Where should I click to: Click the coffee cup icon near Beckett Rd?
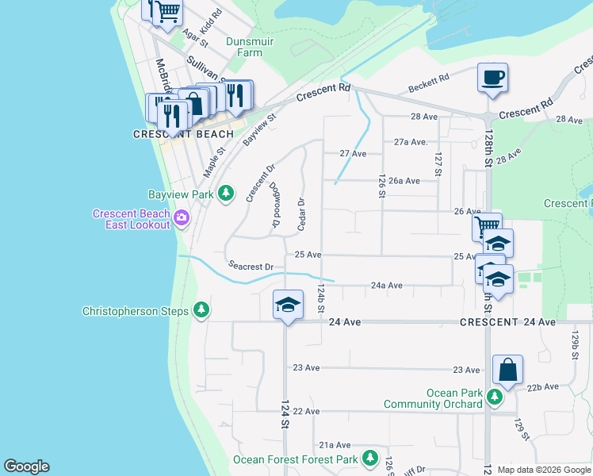tap(492, 79)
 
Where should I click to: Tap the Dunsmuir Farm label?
tap(243, 47)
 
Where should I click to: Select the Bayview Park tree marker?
tap(226, 193)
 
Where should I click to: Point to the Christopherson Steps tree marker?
tap(201, 310)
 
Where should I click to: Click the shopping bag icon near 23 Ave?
tap(507, 370)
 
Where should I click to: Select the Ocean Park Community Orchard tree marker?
tap(495, 396)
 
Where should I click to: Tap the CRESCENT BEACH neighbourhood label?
tap(183, 135)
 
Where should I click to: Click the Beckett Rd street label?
tap(428, 83)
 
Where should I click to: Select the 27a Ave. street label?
tap(411, 142)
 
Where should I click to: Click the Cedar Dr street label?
tap(301, 214)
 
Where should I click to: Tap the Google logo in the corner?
tap(26, 466)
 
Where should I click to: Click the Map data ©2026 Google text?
tap(544, 470)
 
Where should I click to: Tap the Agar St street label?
tap(194, 36)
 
